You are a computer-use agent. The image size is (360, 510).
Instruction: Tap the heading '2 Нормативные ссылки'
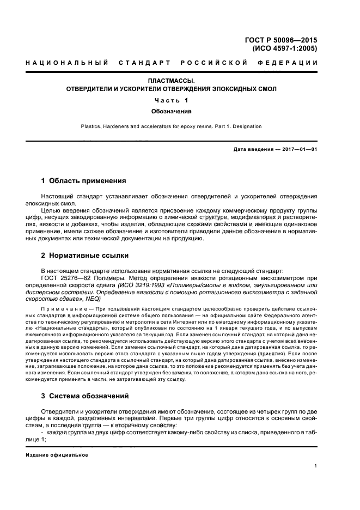(x=84, y=254)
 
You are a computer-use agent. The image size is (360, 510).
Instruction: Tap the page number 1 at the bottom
(x=316, y=466)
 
